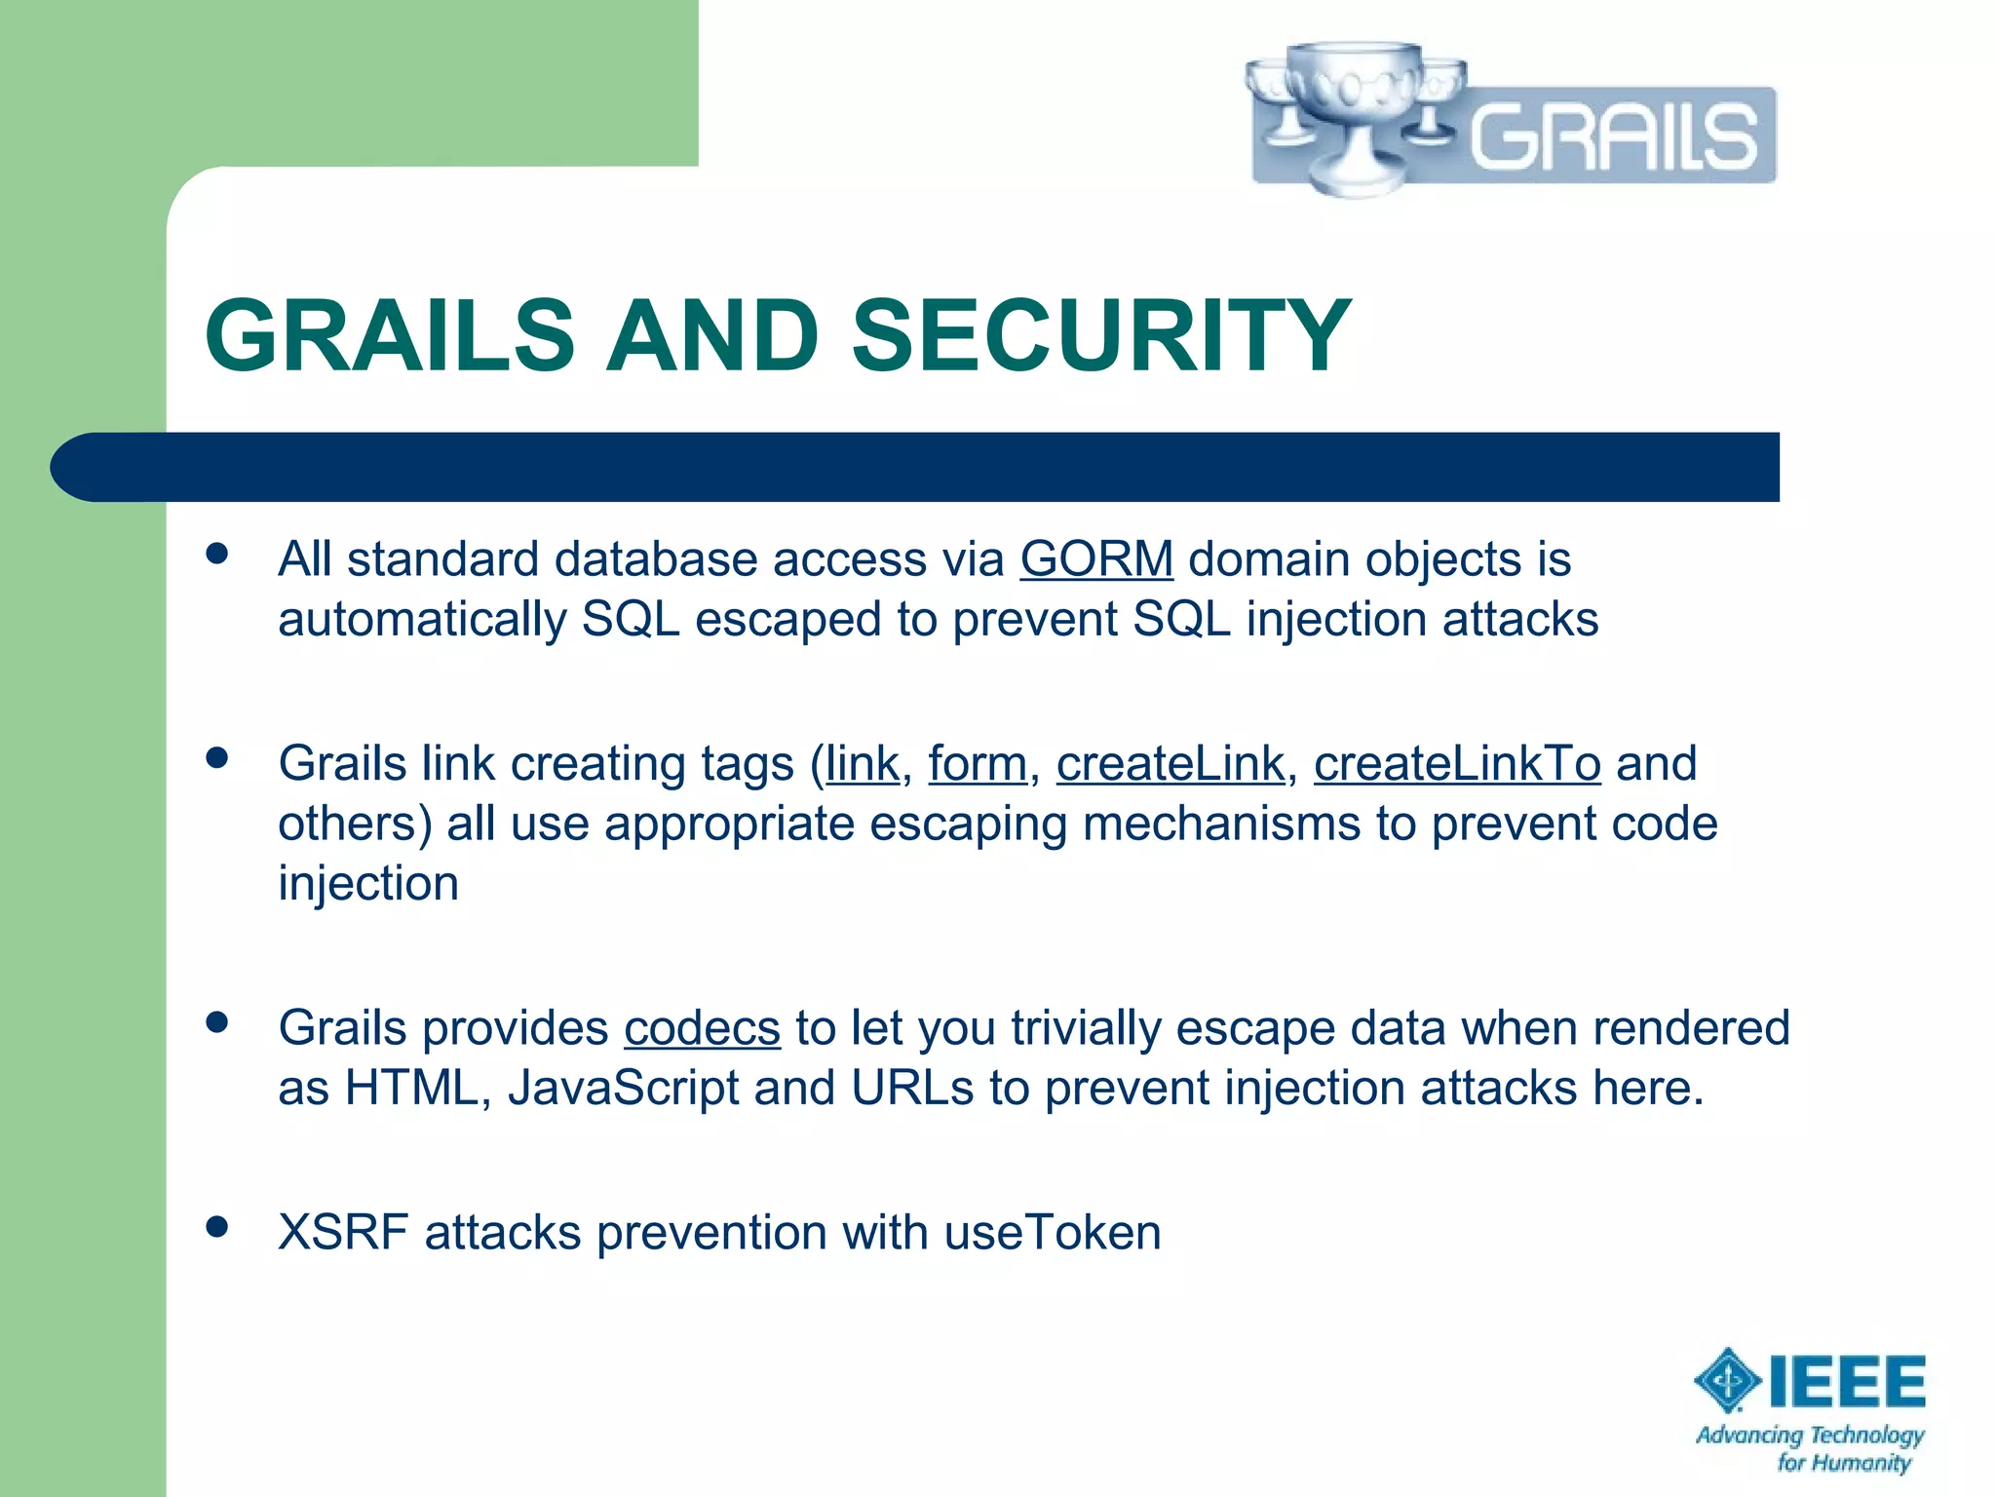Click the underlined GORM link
pyautogui.click(x=1096, y=559)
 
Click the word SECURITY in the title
pyautogui.click(x=1101, y=336)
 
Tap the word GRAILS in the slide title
pyautogui.click(x=390, y=336)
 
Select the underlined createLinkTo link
pyautogui.click(x=1456, y=763)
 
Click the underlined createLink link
pyautogui.click(x=1170, y=763)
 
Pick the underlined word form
pyautogui.click(x=977, y=763)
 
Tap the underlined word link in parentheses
pyautogui.click(x=862, y=763)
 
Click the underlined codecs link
pyautogui.click(x=702, y=1028)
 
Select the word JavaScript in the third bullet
pyautogui.click(x=623, y=1089)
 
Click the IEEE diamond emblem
pyautogui.click(x=1727, y=1380)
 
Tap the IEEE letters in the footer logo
pyautogui.click(x=1847, y=1381)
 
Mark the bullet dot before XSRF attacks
pyautogui.click(x=217, y=1227)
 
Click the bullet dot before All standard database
pyautogui.click(x=217, y=555)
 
